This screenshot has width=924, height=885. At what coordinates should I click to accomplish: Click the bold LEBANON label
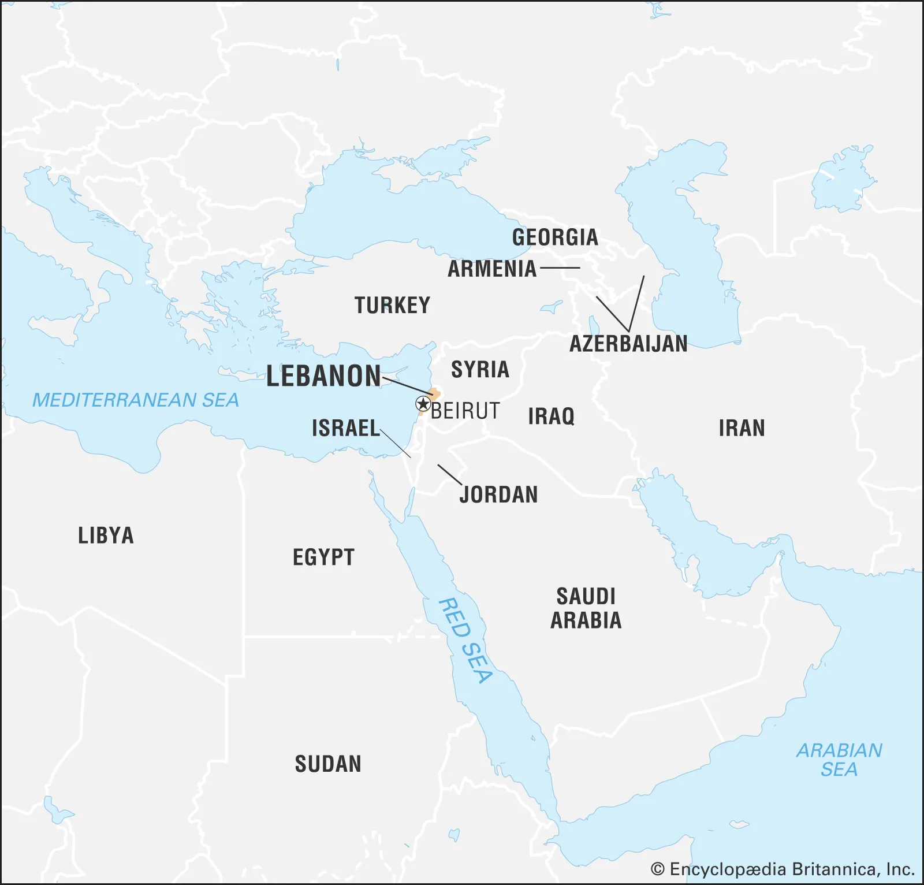(323, 376)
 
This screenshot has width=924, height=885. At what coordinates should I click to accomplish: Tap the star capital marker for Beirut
(423, 404)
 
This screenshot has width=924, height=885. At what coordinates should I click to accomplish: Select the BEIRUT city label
(465, 411)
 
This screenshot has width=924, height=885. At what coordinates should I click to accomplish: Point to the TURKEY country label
(392, 305)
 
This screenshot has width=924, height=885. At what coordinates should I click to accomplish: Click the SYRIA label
(480, 369)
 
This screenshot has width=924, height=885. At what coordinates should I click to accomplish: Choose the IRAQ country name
(551, 416)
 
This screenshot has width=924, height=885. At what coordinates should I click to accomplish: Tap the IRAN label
(742, 428)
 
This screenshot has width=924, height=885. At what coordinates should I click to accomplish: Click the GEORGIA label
(555, 237)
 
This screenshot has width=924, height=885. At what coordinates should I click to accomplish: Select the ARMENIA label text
(492, 269)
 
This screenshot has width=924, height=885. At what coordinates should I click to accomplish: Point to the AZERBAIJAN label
(628, 344)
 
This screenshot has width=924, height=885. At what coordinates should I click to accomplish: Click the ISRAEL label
(345, 428)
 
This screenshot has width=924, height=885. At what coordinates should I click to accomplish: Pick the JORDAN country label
(499, 494)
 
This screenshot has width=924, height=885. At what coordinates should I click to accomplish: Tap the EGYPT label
(323, 557)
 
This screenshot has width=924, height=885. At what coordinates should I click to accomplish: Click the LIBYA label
(106, 536)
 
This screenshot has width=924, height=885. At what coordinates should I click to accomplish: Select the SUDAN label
(328, 764)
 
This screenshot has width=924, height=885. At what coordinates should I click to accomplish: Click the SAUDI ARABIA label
(586, 608)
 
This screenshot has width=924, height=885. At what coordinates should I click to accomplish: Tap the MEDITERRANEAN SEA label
(135, 400)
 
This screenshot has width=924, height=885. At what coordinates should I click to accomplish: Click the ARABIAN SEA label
(839, 760)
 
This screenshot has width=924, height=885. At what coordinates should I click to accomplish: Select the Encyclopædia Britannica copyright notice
(783, 869)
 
